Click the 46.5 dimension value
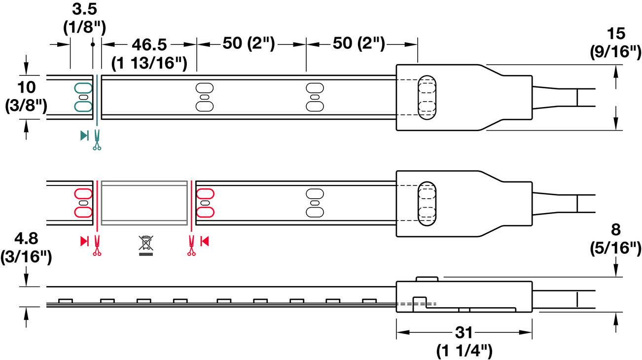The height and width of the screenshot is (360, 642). [149, 44]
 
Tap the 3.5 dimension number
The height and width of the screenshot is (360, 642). [84, 9]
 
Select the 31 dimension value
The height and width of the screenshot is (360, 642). [464, 333]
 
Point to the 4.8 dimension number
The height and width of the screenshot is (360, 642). [26, 239]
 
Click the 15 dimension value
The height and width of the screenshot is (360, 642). [616, 34]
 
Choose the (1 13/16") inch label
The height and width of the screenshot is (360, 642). [149, 63]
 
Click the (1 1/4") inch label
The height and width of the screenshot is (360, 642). [464, 350]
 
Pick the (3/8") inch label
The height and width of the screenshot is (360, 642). [26, 106]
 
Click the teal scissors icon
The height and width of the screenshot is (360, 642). [97, 140]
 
